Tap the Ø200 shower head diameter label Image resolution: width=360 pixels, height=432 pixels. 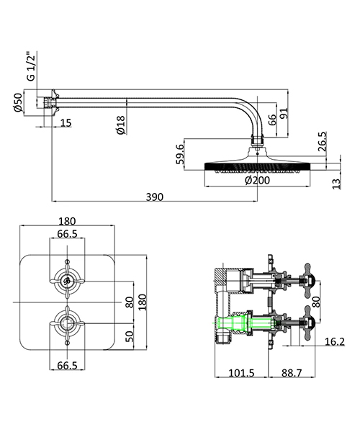(x=257, y=181)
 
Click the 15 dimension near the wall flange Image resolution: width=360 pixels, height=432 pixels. (x=66, y=123)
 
